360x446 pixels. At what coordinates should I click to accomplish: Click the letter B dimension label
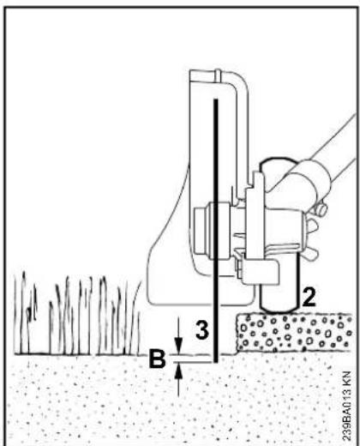157,359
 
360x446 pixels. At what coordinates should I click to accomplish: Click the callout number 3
202,330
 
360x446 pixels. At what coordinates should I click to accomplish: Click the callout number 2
309,298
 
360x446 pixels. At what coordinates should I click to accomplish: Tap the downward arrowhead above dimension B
178,347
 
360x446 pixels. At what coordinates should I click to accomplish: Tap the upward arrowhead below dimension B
178,370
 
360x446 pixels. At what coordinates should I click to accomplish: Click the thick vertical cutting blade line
216,231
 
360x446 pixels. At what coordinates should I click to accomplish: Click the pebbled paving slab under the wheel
294,333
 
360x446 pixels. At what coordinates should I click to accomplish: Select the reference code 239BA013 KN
346,406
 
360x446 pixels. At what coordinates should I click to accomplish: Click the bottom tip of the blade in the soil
216,363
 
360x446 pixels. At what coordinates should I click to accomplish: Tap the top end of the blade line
216,99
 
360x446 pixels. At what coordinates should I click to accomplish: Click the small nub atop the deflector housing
218,74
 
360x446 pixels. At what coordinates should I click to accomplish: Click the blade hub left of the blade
204,231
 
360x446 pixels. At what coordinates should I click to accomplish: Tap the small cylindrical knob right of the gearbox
321,209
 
